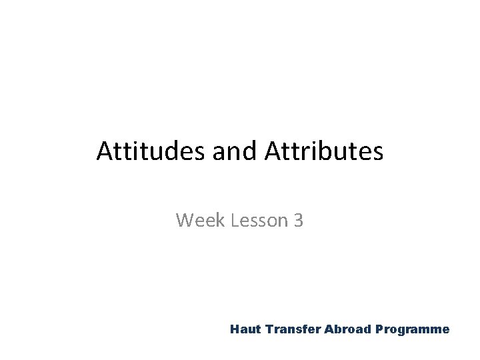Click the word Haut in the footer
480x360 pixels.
244,329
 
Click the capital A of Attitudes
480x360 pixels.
104,151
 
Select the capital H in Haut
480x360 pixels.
234,329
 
